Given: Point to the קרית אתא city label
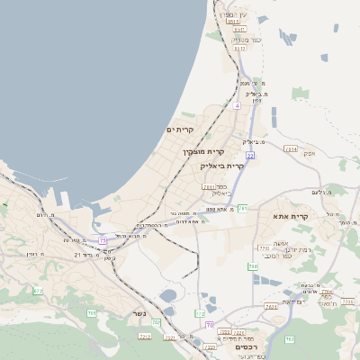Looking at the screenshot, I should tap(291, 216).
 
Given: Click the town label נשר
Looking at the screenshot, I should tap(139, 313).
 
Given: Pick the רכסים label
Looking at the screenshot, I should tap(246, 346).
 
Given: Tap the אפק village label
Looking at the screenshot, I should tap(309, 153).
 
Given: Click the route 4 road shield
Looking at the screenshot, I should tap(237, 106).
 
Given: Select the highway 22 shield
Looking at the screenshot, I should tap(251, 156).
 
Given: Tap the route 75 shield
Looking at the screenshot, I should tap(103, 240).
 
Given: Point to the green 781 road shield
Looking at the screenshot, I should tap(242, 208).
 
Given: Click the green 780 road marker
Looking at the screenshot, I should tap(253, 266).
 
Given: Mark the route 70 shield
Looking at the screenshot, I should tap(210, 324).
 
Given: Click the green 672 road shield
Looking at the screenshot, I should tap(38, 291).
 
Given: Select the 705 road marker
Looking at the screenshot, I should tap(91, 312).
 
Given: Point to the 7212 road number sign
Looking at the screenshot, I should tap(145, 336).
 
